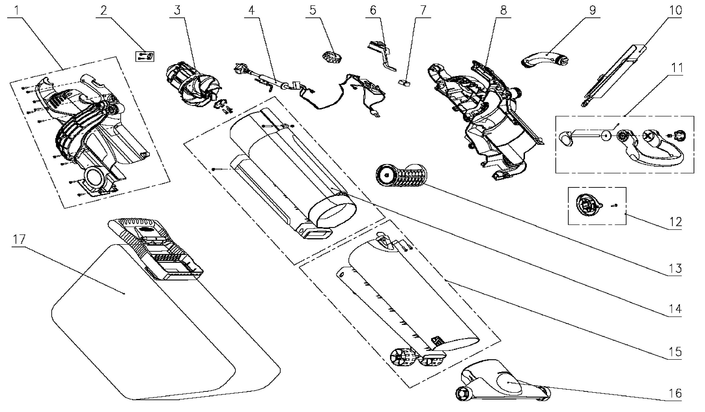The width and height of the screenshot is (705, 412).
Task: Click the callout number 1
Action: click(17, 10)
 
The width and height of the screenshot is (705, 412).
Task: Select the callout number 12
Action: click(675, 222)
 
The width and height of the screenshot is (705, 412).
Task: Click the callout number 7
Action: click(423, 10)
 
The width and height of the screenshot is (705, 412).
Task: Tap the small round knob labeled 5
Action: click(332, 59)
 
